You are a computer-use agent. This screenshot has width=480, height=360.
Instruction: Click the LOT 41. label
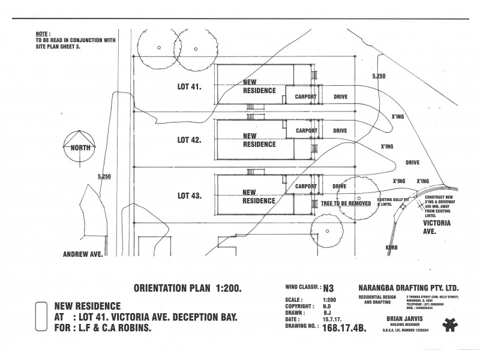190,86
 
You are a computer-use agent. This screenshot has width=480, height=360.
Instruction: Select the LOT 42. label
190,140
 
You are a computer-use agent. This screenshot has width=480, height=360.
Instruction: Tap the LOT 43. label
190,196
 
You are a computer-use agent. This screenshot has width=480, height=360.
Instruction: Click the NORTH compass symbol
80,148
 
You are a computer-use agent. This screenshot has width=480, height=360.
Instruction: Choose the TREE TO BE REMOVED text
347,203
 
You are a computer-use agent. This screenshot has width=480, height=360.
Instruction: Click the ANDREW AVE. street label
83,254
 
